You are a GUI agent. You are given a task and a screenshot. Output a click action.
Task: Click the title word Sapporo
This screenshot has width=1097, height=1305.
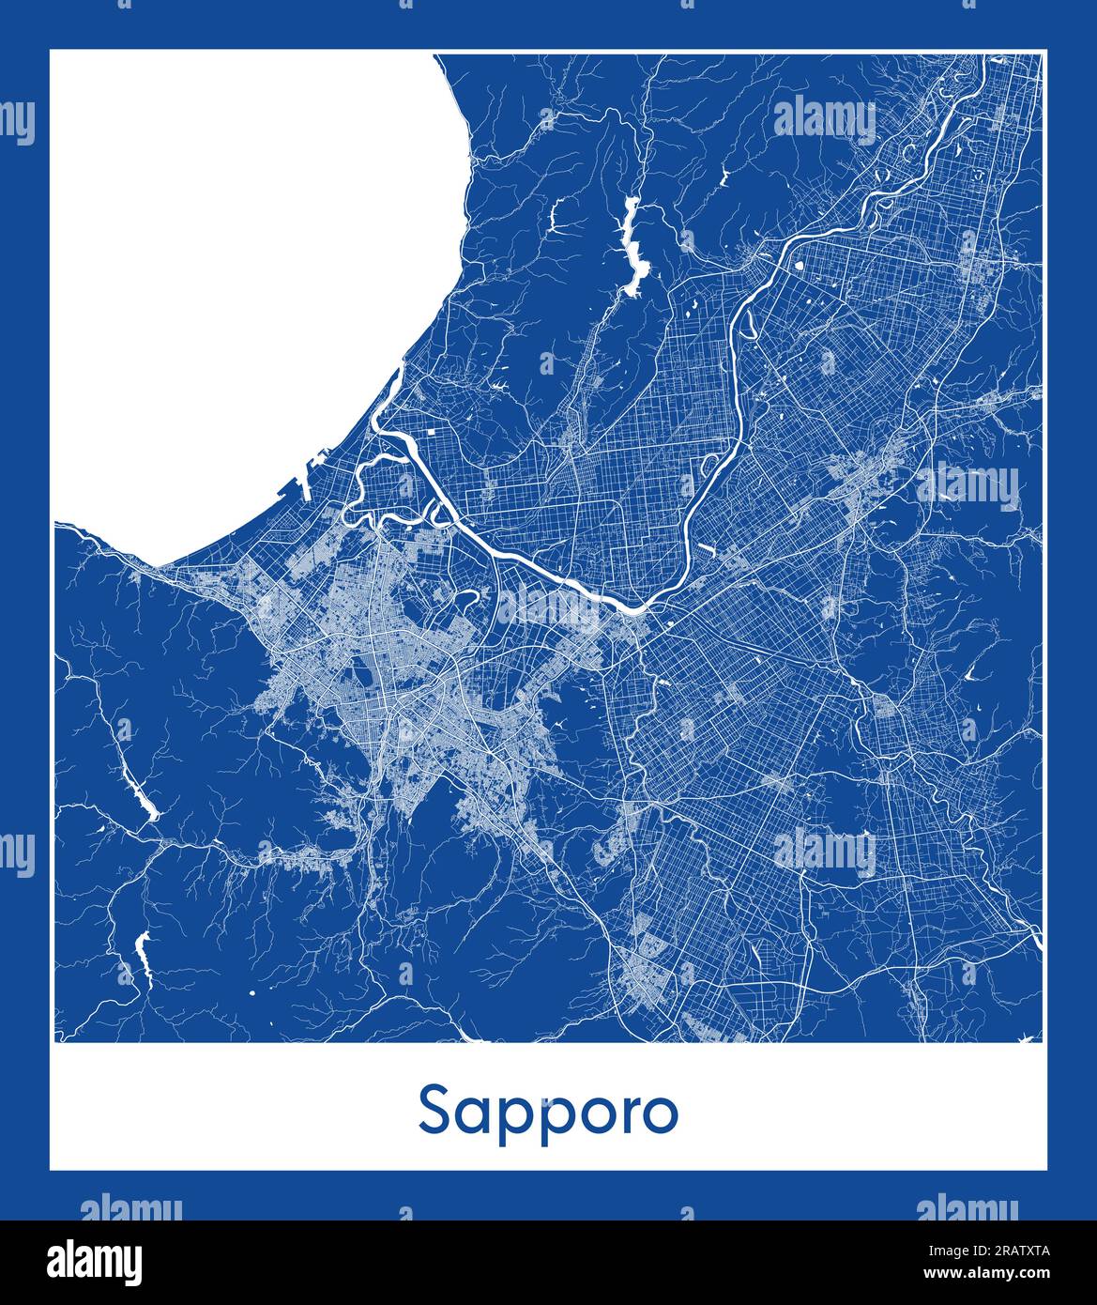click(x=548, y=1112)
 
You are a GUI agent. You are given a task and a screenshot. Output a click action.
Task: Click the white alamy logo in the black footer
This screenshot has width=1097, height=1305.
click(x=95, y=1260)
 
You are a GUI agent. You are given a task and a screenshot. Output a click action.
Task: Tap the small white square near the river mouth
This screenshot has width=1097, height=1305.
click(x=431, y=432)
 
